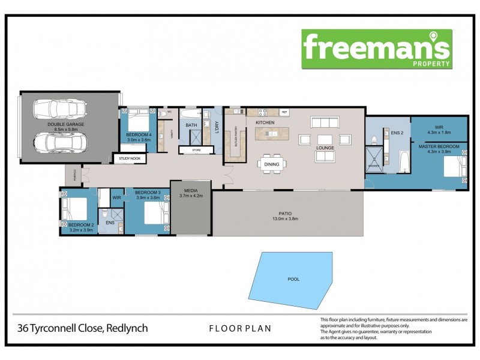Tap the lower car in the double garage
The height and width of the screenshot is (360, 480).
(60, 143)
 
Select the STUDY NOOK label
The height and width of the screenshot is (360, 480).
(129, 159)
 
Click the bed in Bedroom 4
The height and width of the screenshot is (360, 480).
(138, 119)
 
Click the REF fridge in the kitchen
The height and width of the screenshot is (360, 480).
(284, 112)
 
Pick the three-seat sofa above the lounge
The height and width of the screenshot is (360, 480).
(325, 122)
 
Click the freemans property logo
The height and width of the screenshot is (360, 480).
(377, 49)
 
